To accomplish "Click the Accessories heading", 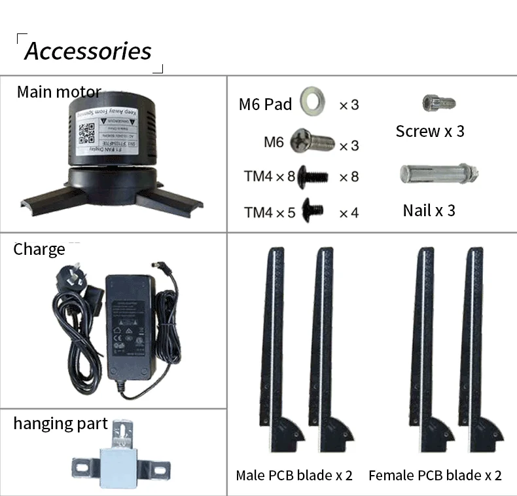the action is pos(88,51).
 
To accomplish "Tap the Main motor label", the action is pos(58,92).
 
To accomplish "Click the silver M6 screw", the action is pos(312,141).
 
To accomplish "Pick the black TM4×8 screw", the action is pos(313,176).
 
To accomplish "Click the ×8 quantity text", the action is pos(349,177).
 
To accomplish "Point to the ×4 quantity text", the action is pos(349,212).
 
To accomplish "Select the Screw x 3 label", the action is pos(430,131).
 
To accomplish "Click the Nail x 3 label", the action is pos(429,210).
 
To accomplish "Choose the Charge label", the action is pos(39,250).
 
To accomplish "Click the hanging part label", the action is pos(60,424).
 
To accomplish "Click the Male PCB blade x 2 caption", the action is pos(294,476).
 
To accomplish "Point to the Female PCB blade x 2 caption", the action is pos(435,476).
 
